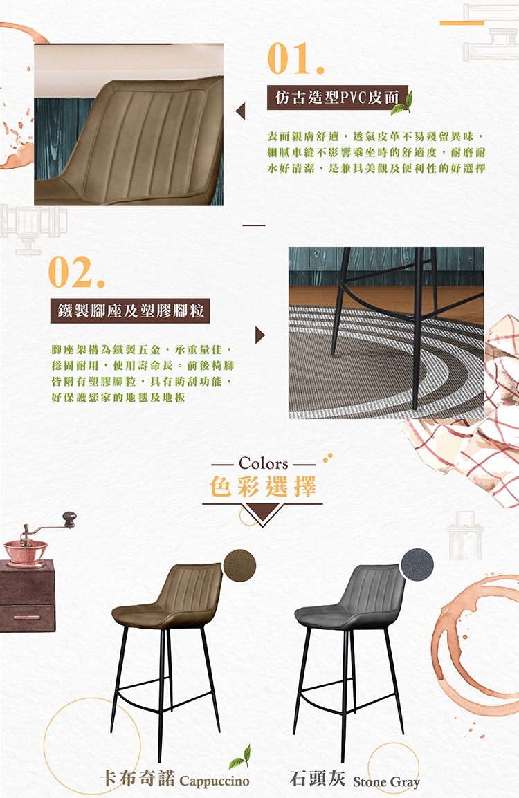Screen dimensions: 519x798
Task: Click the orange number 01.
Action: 295,59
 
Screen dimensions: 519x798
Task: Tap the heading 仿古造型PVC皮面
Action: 336,98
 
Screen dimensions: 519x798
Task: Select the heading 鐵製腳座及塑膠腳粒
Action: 130,310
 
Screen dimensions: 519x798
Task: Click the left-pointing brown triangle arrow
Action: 240,111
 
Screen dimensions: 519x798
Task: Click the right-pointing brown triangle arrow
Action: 259,335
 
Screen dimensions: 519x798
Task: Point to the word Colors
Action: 264,463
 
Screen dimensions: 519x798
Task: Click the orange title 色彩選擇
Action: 263,487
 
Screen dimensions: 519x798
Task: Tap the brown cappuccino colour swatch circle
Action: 240,565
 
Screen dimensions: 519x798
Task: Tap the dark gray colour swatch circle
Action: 417,564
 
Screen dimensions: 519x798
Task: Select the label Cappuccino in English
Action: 215,781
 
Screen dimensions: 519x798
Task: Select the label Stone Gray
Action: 386,781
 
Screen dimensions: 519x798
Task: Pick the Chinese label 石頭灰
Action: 317,778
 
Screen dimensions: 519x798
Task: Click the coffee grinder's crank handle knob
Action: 69,519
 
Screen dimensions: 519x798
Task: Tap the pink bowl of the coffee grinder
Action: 25,551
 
